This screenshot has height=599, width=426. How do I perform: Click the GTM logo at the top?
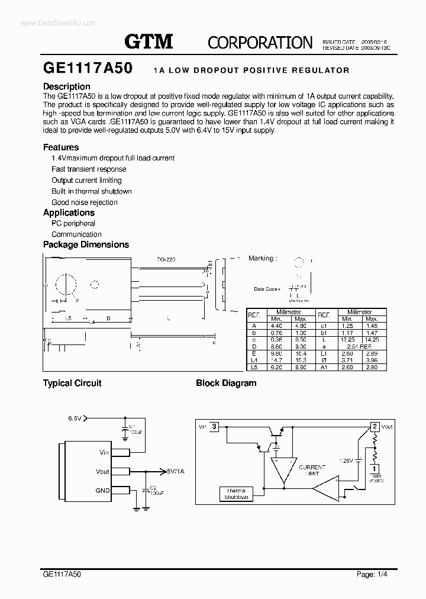(x=149, y=41)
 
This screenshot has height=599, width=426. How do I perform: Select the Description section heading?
(x=67, y=86)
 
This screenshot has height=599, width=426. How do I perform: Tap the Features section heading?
(x=61, y=147)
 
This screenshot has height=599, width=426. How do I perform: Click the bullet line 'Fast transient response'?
(x=89, y=169)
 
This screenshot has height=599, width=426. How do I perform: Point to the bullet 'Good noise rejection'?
(x=85, y=202)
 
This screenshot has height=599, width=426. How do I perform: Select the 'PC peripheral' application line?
(x=73, y=224)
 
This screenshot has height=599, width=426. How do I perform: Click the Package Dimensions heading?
(x=86, y=244)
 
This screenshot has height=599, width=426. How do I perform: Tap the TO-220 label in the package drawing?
(x=166, y=259)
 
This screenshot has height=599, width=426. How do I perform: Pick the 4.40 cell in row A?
(x=276, y=326)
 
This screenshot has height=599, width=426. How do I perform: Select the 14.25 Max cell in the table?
(x=372, y=339)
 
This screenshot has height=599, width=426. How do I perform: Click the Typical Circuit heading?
(x=72, y=383)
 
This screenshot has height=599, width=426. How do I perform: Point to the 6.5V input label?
(x=75, y=418)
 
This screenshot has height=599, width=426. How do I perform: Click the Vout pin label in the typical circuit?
(x=102, y=472)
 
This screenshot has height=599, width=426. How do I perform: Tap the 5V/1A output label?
(x=176, y=471)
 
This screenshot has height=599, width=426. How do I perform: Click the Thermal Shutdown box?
(x=236, y=494)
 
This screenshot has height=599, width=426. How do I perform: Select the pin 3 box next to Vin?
(x=214, y=426)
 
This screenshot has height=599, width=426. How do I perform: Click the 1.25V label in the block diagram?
(x=346, y=460)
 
